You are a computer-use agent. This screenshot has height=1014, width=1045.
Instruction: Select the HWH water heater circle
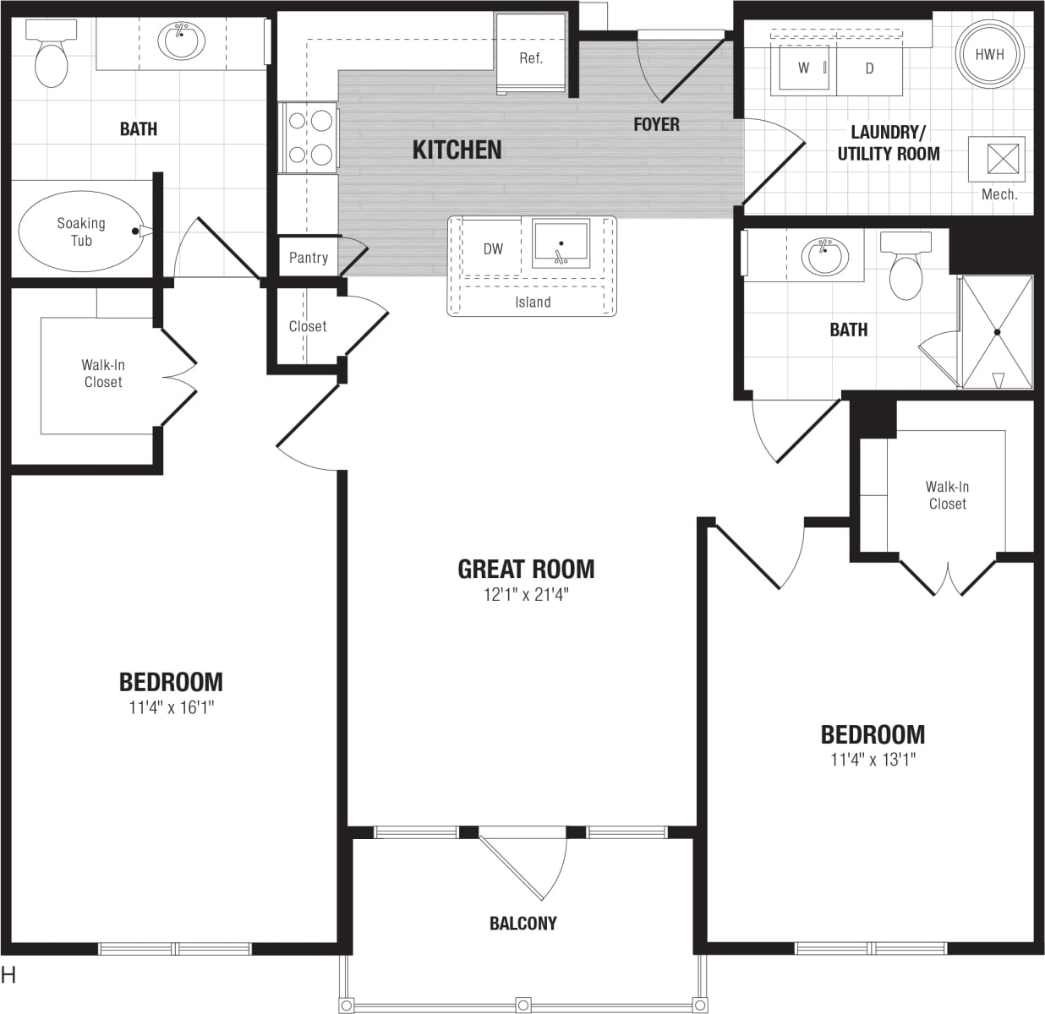989,54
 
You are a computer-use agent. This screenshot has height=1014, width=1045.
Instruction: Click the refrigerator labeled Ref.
531,58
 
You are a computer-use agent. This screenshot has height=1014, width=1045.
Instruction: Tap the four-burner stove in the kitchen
309,137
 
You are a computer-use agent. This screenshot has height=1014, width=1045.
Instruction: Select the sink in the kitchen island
561,244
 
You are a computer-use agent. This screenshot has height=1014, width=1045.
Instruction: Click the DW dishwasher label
493,248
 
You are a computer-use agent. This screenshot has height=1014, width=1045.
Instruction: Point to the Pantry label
308,258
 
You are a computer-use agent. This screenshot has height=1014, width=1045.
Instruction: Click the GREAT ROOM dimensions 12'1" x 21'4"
526,594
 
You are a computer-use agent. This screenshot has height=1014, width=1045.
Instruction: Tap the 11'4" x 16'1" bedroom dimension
171,707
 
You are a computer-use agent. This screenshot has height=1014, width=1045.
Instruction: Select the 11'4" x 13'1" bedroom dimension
873,759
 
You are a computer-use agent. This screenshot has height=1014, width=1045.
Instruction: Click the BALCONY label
522,923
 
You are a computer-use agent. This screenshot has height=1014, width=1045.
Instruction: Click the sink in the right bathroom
823,255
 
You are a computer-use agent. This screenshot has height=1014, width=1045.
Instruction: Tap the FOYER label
656,124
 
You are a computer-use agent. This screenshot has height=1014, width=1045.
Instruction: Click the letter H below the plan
9,975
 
